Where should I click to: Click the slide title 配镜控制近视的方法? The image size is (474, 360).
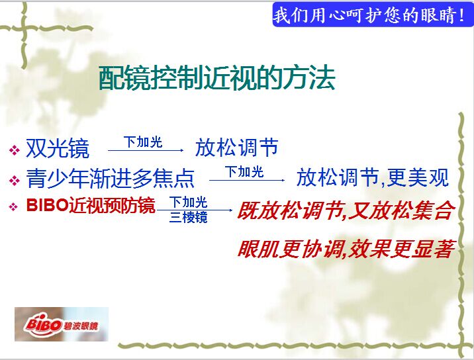pos(217,78)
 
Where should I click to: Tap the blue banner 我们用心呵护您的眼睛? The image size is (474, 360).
pos(373,15)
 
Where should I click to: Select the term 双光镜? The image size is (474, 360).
pos(58,148)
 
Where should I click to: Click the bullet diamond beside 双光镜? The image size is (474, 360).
pos(14,150)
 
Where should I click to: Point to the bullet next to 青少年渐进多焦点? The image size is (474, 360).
pos(14,181)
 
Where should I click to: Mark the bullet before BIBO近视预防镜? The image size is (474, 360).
pos(13,207)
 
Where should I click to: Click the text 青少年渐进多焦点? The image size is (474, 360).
pos(110,178)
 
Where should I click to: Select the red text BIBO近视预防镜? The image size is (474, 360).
pos(91,206)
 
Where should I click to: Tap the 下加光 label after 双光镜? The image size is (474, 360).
pos(143,142)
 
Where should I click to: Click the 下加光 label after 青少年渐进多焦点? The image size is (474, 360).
pos(244,171)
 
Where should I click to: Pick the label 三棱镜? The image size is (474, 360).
pos(188,217)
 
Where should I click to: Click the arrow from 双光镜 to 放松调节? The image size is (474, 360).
pos(146,150)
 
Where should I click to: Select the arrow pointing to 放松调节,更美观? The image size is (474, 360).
pos(247,180)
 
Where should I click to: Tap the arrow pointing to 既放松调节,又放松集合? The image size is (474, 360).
pos(195,210)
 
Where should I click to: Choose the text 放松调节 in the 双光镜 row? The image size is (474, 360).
pos(237,148)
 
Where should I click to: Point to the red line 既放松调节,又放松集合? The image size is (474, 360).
pos(346,210)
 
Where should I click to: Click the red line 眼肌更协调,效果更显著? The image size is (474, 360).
pos(346,249)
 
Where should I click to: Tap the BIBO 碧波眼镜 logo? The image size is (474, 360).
pos(62,324)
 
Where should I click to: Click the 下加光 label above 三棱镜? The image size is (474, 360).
pos(188,202)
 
